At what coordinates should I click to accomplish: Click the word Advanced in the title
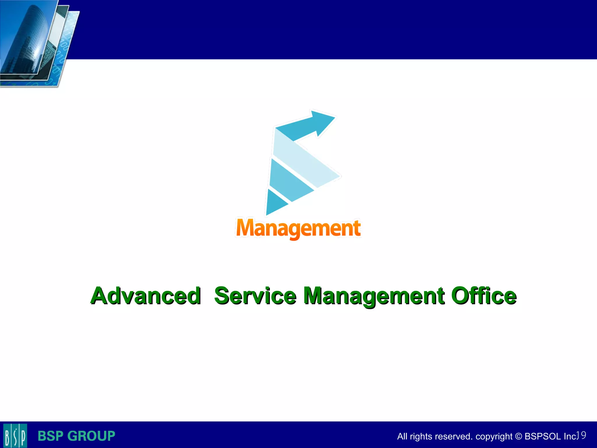pos(145,296)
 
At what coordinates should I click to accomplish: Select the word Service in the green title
pos(255,296)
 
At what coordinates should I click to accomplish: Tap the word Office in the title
pos(484,296)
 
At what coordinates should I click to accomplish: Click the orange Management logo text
pos(298,228)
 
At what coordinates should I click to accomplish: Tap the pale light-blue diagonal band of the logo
pos(306,159)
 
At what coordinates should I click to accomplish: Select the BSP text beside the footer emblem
pos(50,436)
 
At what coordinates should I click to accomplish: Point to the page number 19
pos(581,435)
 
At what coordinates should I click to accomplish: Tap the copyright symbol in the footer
pos(518,436)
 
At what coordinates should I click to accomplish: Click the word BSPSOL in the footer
pos(542,436)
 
